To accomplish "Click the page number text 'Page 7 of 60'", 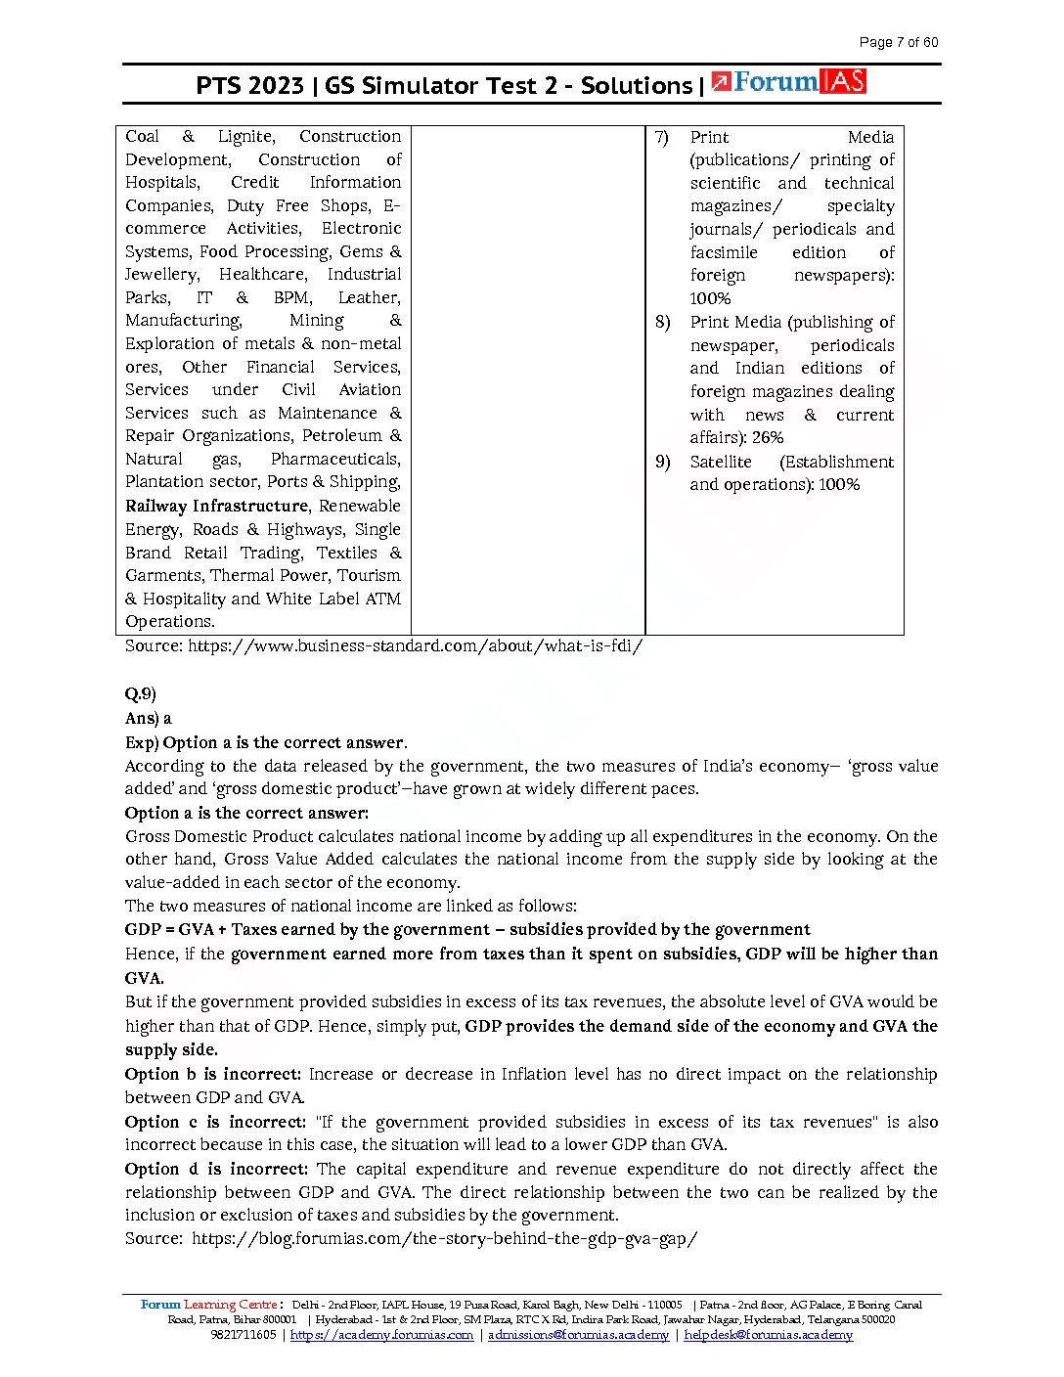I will point(898,42).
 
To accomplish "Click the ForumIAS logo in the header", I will point(788,82).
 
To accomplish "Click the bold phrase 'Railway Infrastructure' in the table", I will point(216,506).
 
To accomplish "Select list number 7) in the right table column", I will point(662,137).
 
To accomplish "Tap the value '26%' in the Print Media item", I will point(768,438).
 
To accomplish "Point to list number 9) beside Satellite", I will point(662,462).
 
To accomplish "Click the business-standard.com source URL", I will point(415,646).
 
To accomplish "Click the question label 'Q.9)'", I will point(141,694).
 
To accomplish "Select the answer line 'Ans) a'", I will point(148,718).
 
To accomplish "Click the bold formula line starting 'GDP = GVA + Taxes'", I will point(467,930).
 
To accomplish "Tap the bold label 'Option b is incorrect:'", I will point(213,1074).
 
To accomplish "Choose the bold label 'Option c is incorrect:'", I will point(215,1122).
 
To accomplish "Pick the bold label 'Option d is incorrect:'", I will point(216,1169).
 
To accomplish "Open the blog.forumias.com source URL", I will point(445,1239).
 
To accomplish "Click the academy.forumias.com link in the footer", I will point(381,1335).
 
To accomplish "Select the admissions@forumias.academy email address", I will point(578,1335).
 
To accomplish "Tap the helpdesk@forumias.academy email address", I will point(768,1335).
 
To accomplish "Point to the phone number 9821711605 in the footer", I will point(243,1335).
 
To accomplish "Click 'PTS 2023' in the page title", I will point(249,86).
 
